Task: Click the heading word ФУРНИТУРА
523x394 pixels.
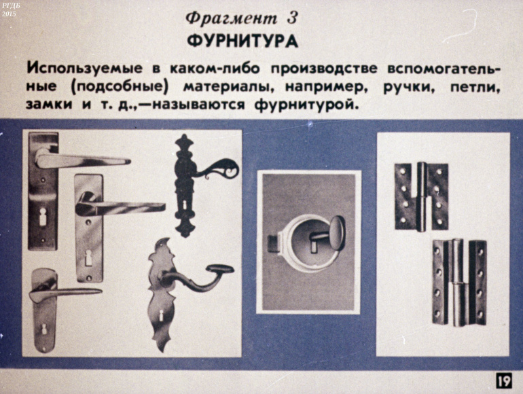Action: [242, 41]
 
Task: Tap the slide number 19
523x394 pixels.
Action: [503, 380]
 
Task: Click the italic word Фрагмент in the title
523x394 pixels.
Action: [232, 18]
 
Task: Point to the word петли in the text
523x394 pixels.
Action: [475, 88]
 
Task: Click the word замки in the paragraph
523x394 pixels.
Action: [49, 105]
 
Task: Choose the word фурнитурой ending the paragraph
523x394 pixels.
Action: [306, 105]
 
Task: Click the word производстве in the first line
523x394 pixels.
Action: [324, 69]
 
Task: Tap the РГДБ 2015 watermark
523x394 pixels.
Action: [9, 9]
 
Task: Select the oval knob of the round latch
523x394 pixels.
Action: [336, 233]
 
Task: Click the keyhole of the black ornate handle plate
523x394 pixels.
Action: [185, 205]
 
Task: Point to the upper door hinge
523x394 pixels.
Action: [422, 197]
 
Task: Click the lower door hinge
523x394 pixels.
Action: [458, 283]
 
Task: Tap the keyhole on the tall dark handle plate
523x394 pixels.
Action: [43, 217]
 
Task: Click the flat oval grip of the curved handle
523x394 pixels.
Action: [219, 269]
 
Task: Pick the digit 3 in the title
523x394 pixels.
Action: [291, 18]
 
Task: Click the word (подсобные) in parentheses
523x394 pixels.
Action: [119, 88]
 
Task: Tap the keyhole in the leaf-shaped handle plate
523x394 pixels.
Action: [161, 315]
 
